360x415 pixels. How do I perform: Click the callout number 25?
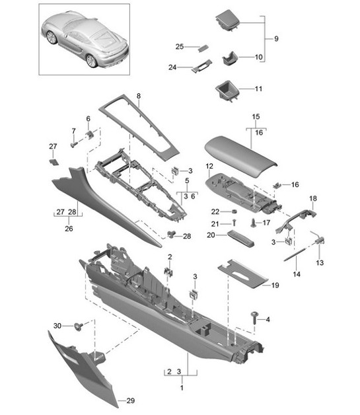coord(179,47)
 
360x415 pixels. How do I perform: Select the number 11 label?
coord(258,88)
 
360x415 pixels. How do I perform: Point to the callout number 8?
coord(139,96)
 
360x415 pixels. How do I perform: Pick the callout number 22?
coord(215,211)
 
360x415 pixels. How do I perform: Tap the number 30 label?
coord(57,325)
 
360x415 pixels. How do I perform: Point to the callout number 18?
coord(314,198)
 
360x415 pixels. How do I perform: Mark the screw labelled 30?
coord(80,325)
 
